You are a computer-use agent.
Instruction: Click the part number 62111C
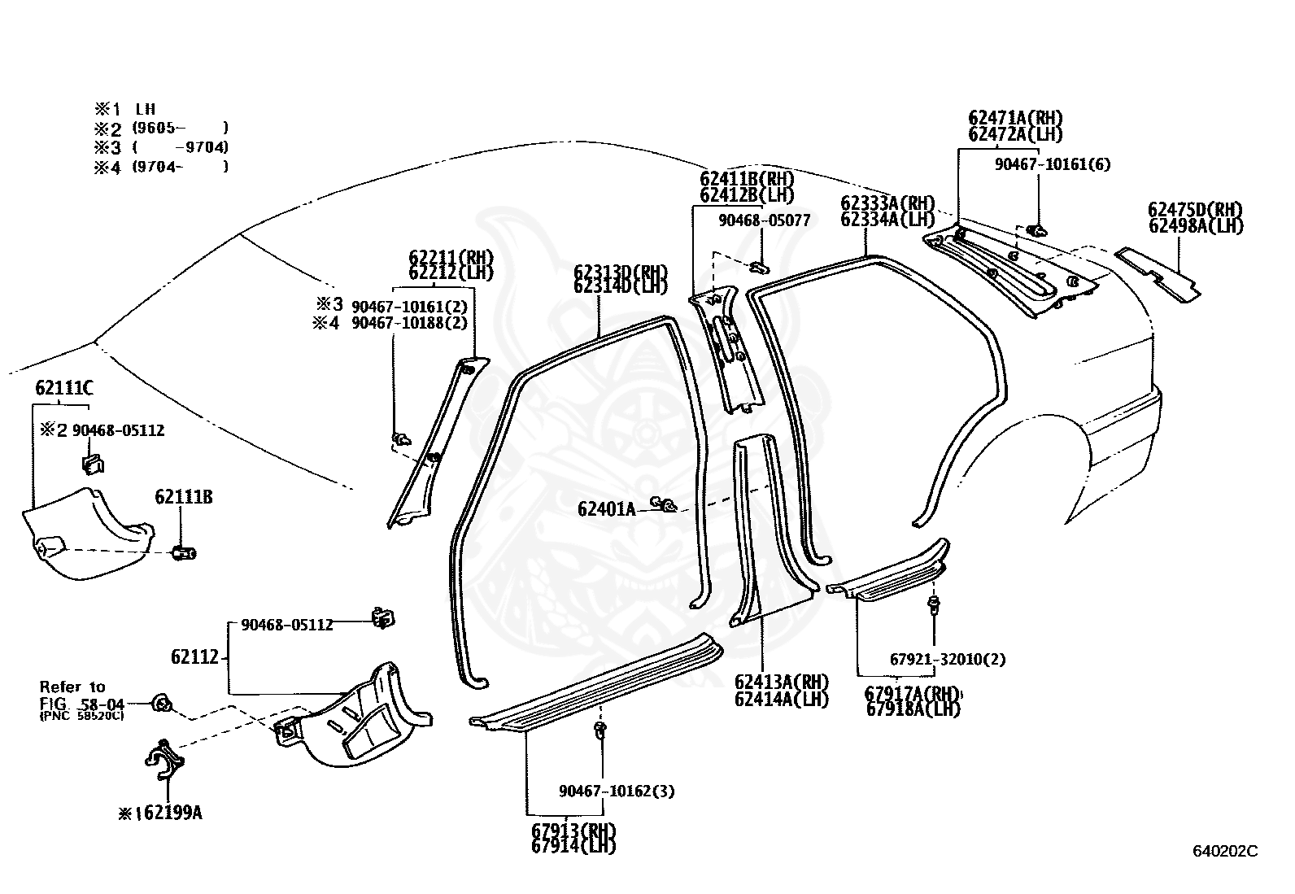tap(63, 388)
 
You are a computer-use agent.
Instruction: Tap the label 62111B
tap(184, 497)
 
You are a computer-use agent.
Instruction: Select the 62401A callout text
tap(606, 509)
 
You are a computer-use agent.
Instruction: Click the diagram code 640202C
tap(1224, 852)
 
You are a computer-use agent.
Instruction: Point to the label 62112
tap(194, 656)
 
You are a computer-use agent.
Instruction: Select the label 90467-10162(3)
tap(616, 791)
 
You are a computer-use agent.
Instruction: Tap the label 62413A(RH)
tap(781, 682)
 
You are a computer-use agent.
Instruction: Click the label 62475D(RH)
tap(1195, 210)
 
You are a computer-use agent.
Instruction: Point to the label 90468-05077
tap(764, 220)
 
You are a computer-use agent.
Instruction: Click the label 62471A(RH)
tap(1015, 118)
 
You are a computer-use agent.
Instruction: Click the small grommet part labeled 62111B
tap(185, 554)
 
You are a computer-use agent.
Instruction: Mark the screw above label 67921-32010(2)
tap(934, 604)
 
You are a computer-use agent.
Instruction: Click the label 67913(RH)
tap(573, 831)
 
